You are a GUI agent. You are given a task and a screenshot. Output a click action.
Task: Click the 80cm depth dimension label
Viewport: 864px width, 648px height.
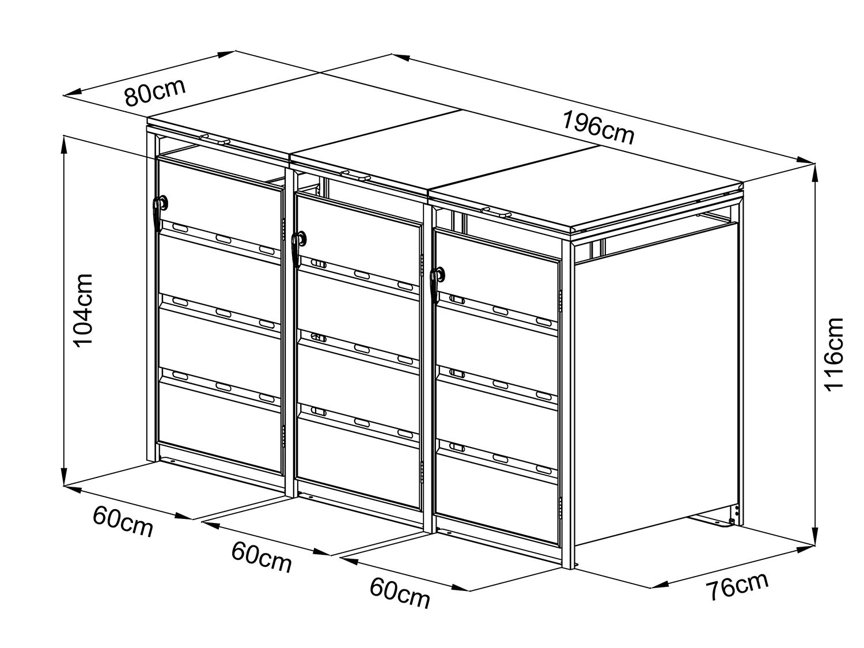[x=155, y=92]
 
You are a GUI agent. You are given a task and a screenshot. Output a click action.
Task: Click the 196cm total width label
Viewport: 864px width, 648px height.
[x=598, y=127]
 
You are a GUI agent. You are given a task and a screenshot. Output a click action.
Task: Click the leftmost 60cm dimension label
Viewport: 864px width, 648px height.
[x=123, y=521]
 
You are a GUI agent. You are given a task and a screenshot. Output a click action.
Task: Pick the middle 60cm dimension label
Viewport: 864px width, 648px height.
[x=262, y=557]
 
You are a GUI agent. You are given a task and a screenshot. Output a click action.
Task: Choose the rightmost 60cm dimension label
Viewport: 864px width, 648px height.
[x=400, y=593]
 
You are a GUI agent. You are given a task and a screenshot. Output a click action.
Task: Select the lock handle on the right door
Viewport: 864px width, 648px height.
[x=437, y=283]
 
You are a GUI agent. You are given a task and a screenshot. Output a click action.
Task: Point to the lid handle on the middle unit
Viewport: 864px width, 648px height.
[x=355, y=175]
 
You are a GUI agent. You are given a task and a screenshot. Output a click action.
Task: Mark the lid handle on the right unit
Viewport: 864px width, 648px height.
[x=496, y=211]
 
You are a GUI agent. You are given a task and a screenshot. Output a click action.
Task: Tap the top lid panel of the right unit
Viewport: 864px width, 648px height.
[x=586, y=188]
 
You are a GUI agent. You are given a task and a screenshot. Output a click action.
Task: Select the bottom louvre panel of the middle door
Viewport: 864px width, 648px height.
[x=358, y=464]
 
